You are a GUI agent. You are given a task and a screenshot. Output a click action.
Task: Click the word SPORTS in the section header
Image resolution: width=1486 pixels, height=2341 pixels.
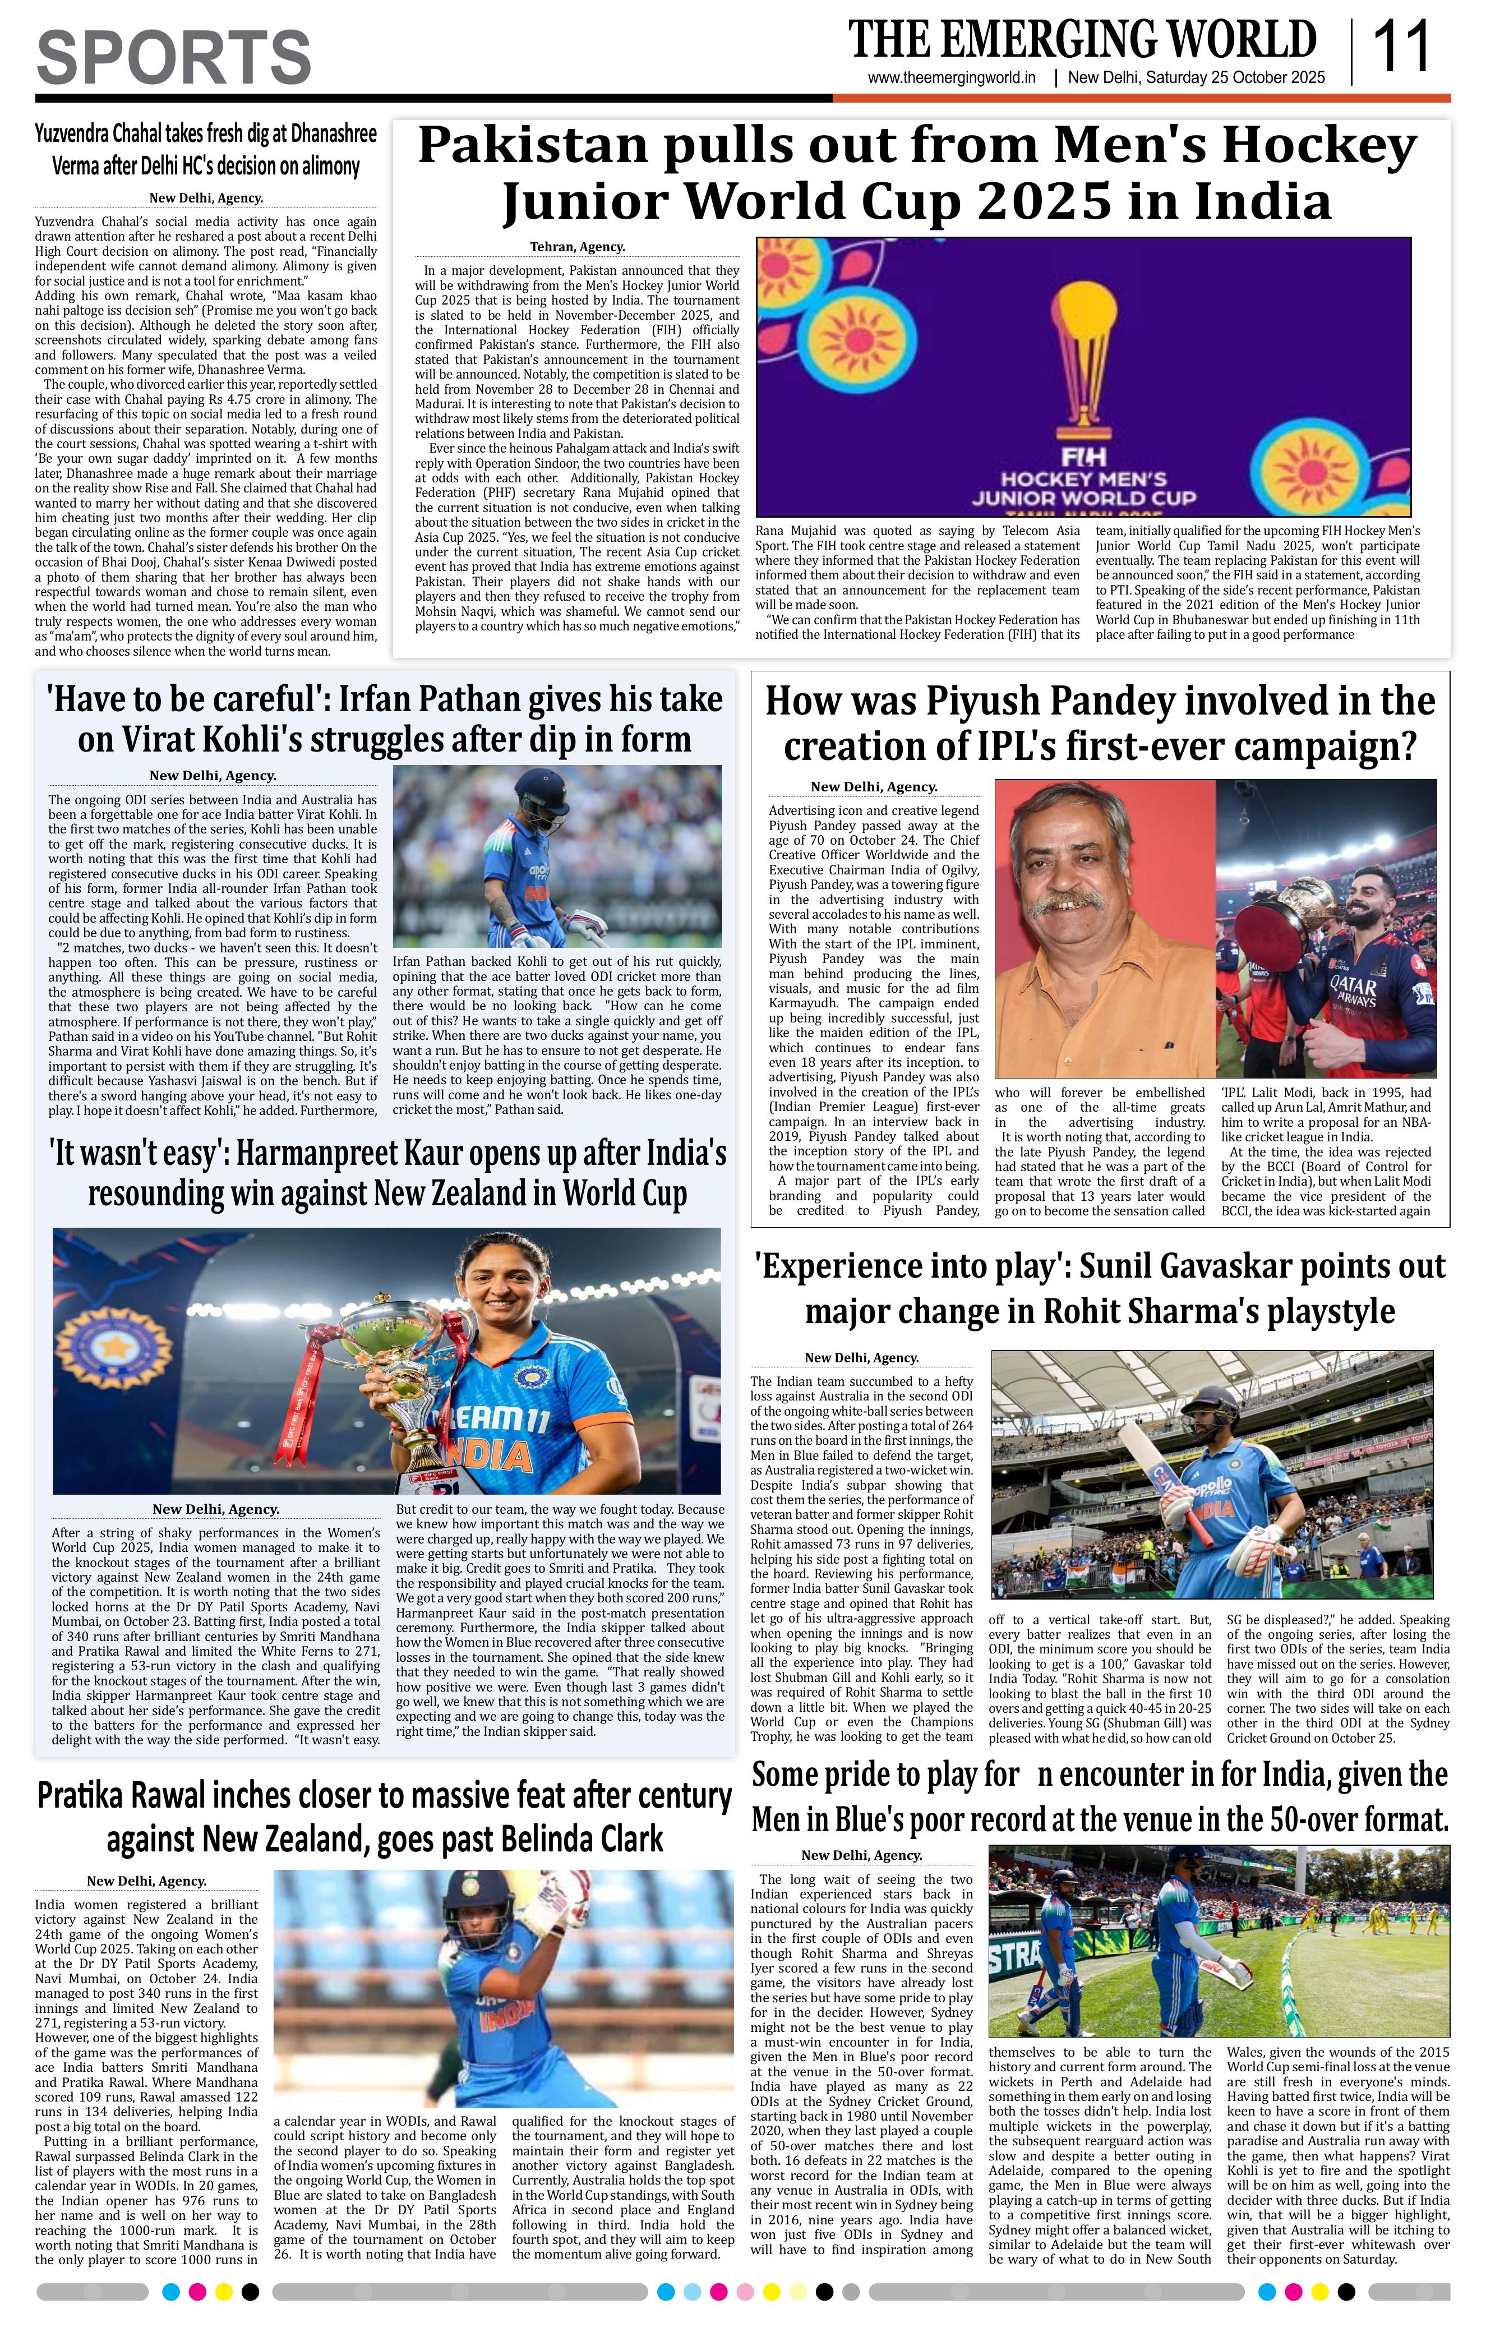pyautogui.click(x=174, y=57)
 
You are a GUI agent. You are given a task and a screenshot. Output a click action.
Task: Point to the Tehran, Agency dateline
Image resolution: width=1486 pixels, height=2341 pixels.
pyautogui.click(x=577, y=247)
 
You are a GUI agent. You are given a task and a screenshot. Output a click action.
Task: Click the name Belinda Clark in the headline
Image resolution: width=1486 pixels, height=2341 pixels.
pyautogui.click(x=565, y=1840)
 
